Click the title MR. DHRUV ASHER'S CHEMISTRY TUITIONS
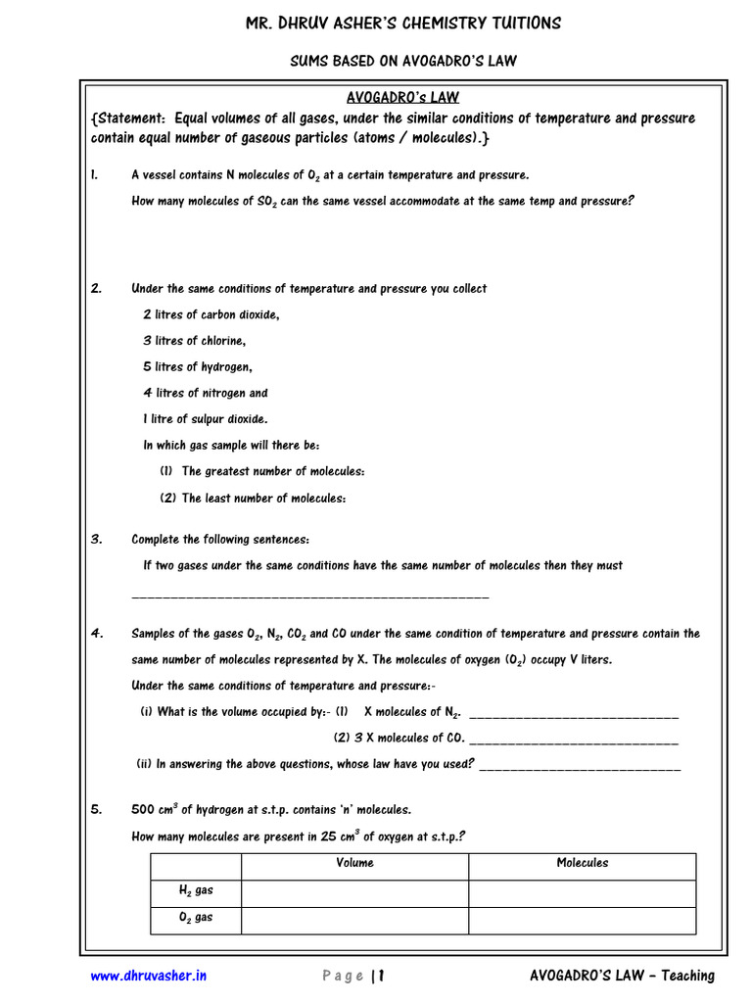[402, 24]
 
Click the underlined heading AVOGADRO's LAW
[402, 97]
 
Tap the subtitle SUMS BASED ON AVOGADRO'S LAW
[402, 61]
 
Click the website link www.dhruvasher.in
[148, 976]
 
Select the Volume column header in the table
[354, 863]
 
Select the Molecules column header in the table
[582, 863]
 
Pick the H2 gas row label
[195, 890]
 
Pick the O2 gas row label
[195, 918]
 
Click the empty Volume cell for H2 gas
[354, 891]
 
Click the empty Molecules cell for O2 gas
[582, 919]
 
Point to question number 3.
[96, 539]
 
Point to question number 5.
[96, 810]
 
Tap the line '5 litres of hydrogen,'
[198, 367]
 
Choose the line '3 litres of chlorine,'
[195, 341]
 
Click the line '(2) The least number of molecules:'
[253, 499]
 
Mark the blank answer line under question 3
[309, 596]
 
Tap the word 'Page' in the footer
[343, 976]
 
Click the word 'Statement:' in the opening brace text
[135, 119]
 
